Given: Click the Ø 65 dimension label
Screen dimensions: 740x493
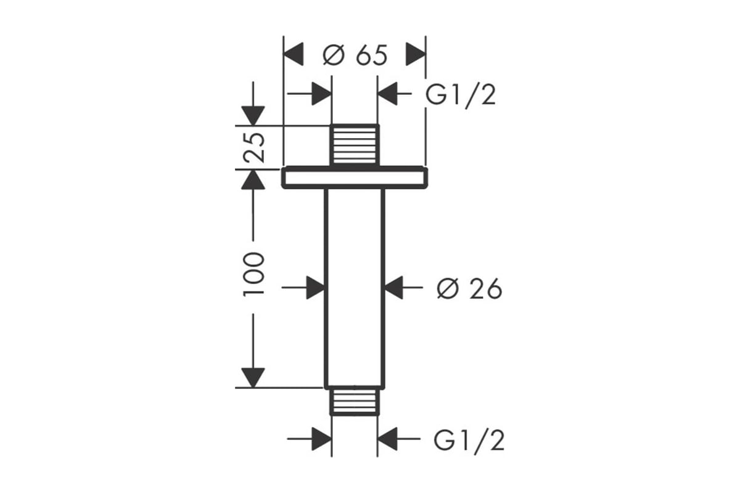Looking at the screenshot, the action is (x=355, y=55).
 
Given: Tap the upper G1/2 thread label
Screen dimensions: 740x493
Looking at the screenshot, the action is (x=461, y=96).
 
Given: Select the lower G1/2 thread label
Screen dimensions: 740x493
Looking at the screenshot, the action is (x=469, y=441).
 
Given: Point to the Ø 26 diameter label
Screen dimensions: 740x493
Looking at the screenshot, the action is (x=469, y=289).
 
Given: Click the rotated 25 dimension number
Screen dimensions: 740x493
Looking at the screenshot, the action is (x=254, y=147).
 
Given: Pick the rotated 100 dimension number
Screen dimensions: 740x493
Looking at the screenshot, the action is (x=254, y=274).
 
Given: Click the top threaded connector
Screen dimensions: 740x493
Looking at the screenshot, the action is (x=355, y=145).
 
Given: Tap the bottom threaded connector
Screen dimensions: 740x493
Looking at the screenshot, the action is (x=355, y=401).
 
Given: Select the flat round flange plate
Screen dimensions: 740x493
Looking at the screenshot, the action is (x=355, y=177).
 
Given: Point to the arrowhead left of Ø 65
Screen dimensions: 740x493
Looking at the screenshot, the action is (x=294, y=54).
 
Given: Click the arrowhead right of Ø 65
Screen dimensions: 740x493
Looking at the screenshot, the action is (x=416, y=54).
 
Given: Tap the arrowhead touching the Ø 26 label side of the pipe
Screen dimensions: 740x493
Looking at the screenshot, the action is (x=394, y=288).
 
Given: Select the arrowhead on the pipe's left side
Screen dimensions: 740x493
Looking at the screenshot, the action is (x=316, y=288).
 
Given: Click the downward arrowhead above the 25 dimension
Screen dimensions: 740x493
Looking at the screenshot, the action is (x=253, y=116).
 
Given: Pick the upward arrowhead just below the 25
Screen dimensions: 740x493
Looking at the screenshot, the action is (x=253, y=179).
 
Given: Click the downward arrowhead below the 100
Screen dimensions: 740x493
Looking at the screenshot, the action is (x=253, y=378).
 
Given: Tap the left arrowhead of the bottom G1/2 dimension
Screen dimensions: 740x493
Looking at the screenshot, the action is (x=322, y=439).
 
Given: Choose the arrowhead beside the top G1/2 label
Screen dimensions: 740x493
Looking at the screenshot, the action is (x=387, y=94).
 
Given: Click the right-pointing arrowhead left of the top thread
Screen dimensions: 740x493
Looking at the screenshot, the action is (x=322, y=94).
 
